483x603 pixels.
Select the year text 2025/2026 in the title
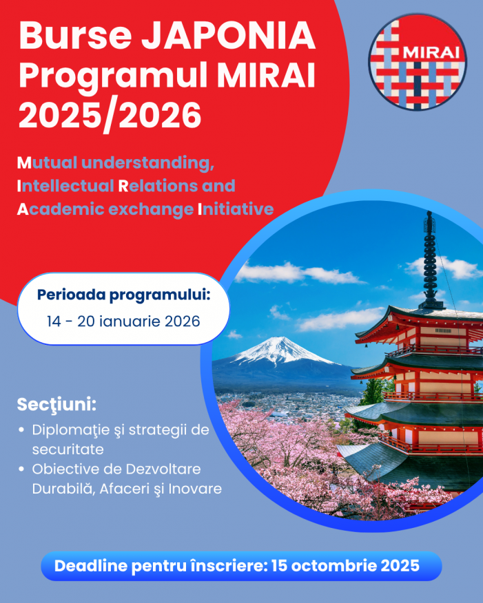110,115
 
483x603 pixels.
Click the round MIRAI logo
417,62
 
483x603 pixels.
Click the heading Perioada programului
123,295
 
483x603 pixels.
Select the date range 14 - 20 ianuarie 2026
123,321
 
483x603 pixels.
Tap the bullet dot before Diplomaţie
21,430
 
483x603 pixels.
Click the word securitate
66,449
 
